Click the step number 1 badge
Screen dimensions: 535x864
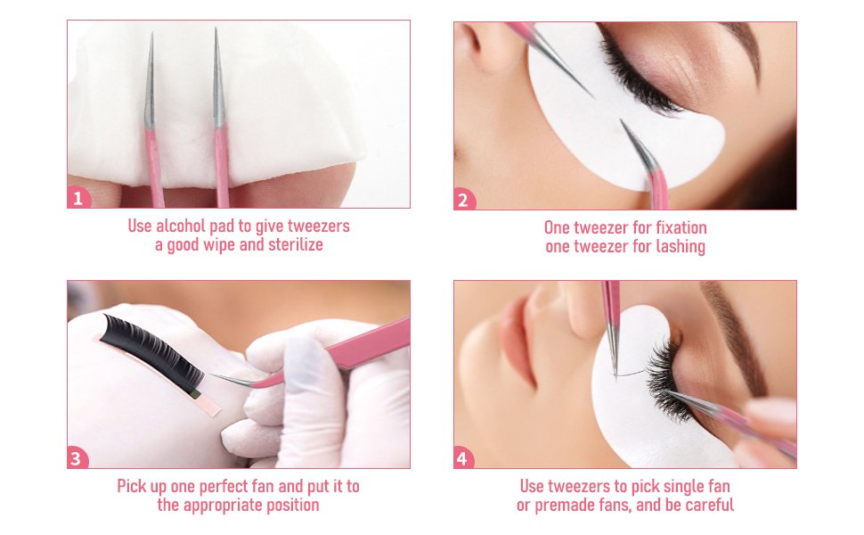[77, 199]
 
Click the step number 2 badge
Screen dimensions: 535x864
[463, 200]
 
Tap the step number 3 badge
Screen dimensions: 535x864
[77, 459]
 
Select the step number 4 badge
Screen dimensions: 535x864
[463, 459]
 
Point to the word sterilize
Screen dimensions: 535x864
[290, 244]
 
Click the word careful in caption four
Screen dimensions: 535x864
[705, 506]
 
